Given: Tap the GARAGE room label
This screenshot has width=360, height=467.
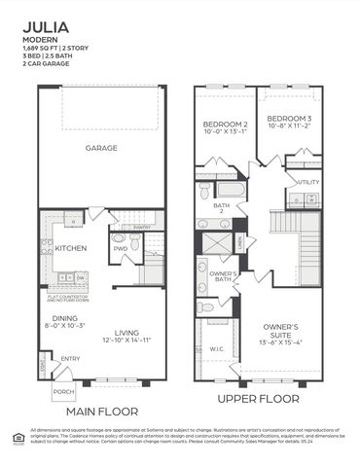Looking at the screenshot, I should pyautogui.click(x=101, y=149).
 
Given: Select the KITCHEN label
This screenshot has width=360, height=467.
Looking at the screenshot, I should pyautogui.click(x=70, y=248).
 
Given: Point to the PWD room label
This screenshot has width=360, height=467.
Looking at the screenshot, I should pyautogui.click(x=120, y=248).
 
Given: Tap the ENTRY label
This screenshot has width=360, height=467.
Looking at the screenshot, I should pyautogui.click(x=69, y=359).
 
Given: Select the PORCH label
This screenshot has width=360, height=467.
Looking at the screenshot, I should pyautogui.click(x=64, y=392).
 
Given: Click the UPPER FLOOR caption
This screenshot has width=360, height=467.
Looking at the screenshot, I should pyautogui.click(x=257, y=399).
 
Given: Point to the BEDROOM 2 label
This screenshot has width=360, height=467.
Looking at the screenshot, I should pyautogui.click(x=225, y=126).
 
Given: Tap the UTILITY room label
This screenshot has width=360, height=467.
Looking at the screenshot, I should pyautogui.click(x=307, y=182).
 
